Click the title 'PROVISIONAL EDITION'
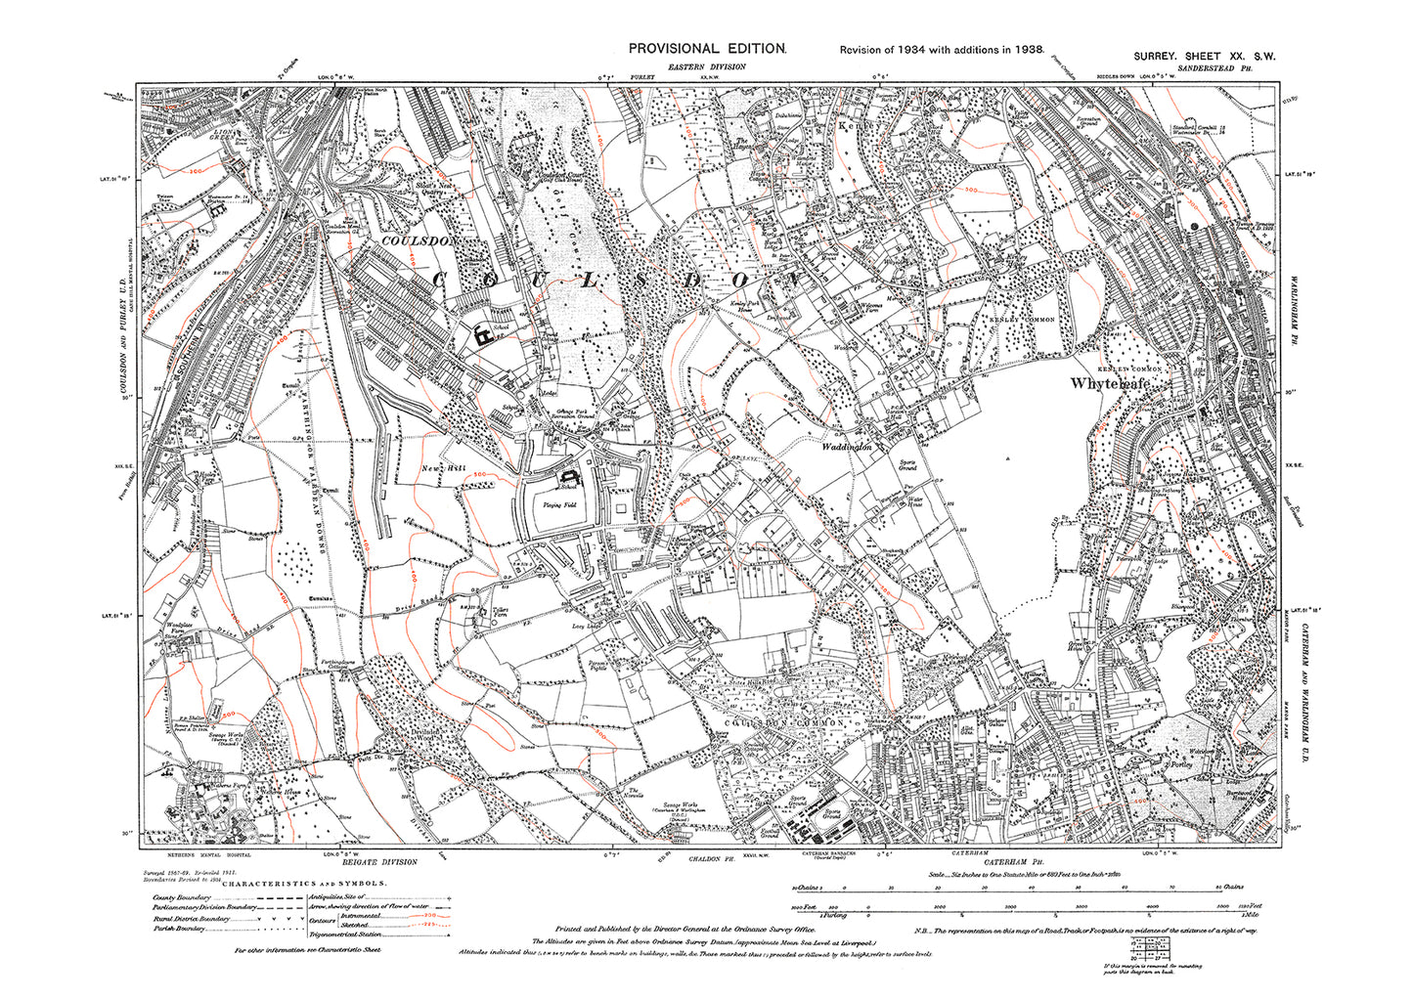(x=706, y=48)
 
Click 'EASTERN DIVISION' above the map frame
(x=707, y=66)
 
